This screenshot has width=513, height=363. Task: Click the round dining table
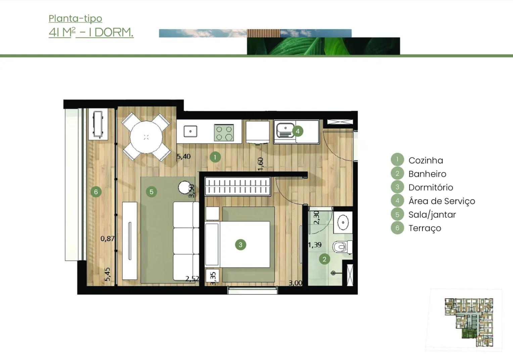tap(146, 137)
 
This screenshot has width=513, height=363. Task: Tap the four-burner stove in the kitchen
tap(224, 132)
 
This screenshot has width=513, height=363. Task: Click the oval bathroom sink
tap(343, 222)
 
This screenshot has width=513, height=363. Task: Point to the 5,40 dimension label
tap(184, 156)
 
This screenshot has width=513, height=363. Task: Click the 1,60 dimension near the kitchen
tap(261, 164)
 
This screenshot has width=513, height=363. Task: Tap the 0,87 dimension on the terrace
tap(107, 239)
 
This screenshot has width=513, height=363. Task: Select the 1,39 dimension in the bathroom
tap(315, 245)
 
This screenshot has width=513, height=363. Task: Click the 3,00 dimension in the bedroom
tap(295, 283)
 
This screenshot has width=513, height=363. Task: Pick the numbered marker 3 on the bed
tap(240, 245)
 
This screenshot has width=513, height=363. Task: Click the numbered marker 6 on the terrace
tap(96, 192)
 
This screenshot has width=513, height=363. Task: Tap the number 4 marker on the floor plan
tap(297, 131)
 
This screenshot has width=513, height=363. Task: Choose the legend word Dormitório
tap(431, 187)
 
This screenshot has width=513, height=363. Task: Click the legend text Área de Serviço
tap(442, 201)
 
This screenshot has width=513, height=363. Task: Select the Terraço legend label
tap(425, 228)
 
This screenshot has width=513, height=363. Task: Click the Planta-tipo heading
tap(75, 18)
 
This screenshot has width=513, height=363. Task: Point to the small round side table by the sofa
tap(185, 187)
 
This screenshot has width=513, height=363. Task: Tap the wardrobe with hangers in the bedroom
tap(237, 186)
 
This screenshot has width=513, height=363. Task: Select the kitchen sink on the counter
tap(190, 131)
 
